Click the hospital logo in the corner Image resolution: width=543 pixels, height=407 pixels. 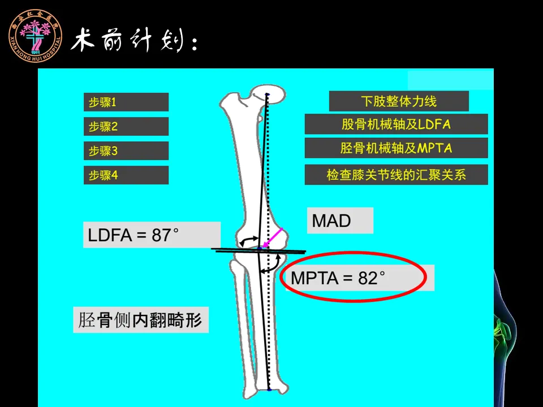click(35, 35)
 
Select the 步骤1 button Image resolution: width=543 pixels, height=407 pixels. click(126, 102)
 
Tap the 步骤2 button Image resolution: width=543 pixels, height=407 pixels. click(126, 127)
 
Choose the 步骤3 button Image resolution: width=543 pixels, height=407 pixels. click(126, 151)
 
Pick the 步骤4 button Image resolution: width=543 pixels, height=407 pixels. click(126, 175)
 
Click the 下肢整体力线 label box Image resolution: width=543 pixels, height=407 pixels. click(399, 102)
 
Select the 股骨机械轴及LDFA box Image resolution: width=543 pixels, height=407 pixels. click(396, 124)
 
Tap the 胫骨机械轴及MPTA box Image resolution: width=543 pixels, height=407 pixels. click(396, 149)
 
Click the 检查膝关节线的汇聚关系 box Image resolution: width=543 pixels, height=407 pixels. click(396, 175)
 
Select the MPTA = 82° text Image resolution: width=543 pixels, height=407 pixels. click(338, 278)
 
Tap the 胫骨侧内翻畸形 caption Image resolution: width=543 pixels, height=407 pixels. click(141, 321)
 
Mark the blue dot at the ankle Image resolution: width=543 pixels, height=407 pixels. click(269, 390)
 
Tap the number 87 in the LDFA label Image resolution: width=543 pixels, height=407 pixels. click(162, 235)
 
